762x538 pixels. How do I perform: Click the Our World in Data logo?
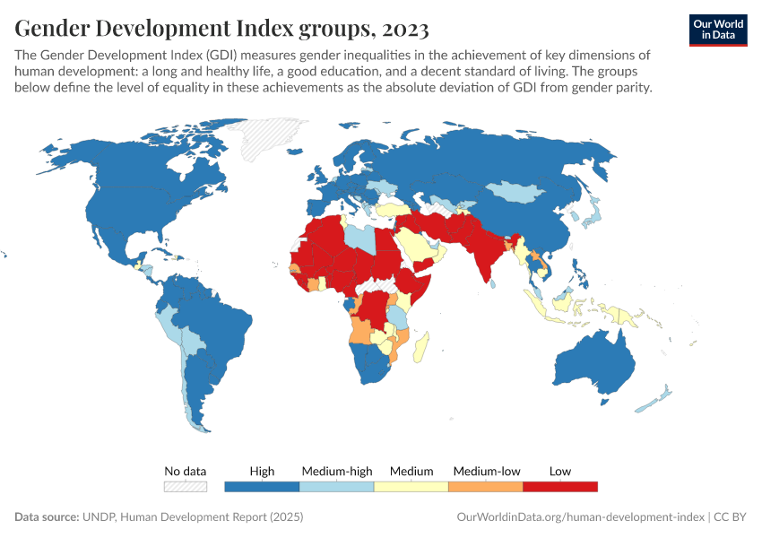click(x=717, y=29)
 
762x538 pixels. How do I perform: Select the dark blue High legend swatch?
click(x=262, y=486)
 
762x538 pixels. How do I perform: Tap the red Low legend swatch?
click(x=560, y=486)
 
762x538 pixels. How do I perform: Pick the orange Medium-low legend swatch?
click(x=485, y=486)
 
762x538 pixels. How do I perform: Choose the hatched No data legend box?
click(x=186, y=486)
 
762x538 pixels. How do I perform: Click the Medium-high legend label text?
click(x=336, y=471)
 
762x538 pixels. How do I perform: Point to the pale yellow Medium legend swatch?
click(x=411, y=486)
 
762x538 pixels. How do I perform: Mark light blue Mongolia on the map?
click(x=520, y=190)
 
